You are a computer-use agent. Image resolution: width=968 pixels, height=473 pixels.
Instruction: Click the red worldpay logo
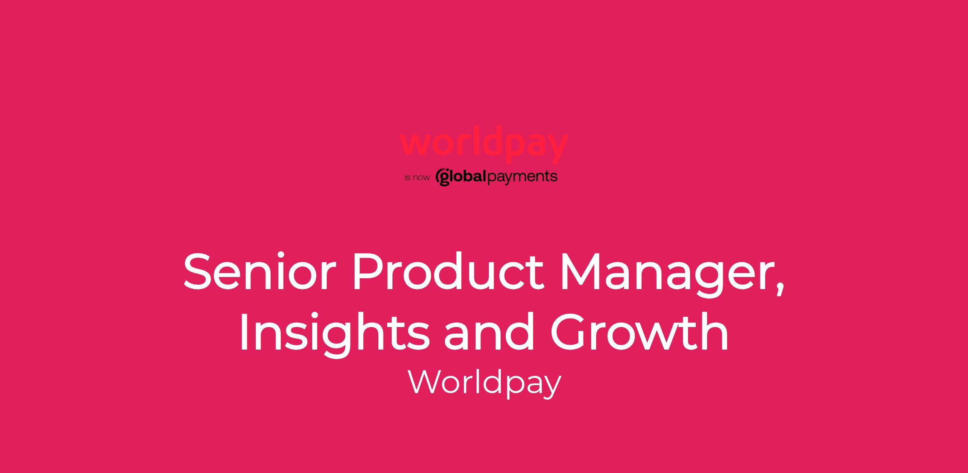coord(484,144)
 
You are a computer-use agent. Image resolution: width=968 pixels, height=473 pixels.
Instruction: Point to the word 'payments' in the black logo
coord(523,177)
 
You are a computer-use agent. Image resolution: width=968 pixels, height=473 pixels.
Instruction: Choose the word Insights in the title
coord(334,334)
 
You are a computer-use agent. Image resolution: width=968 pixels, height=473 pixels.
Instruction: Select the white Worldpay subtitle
coord(484,383)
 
